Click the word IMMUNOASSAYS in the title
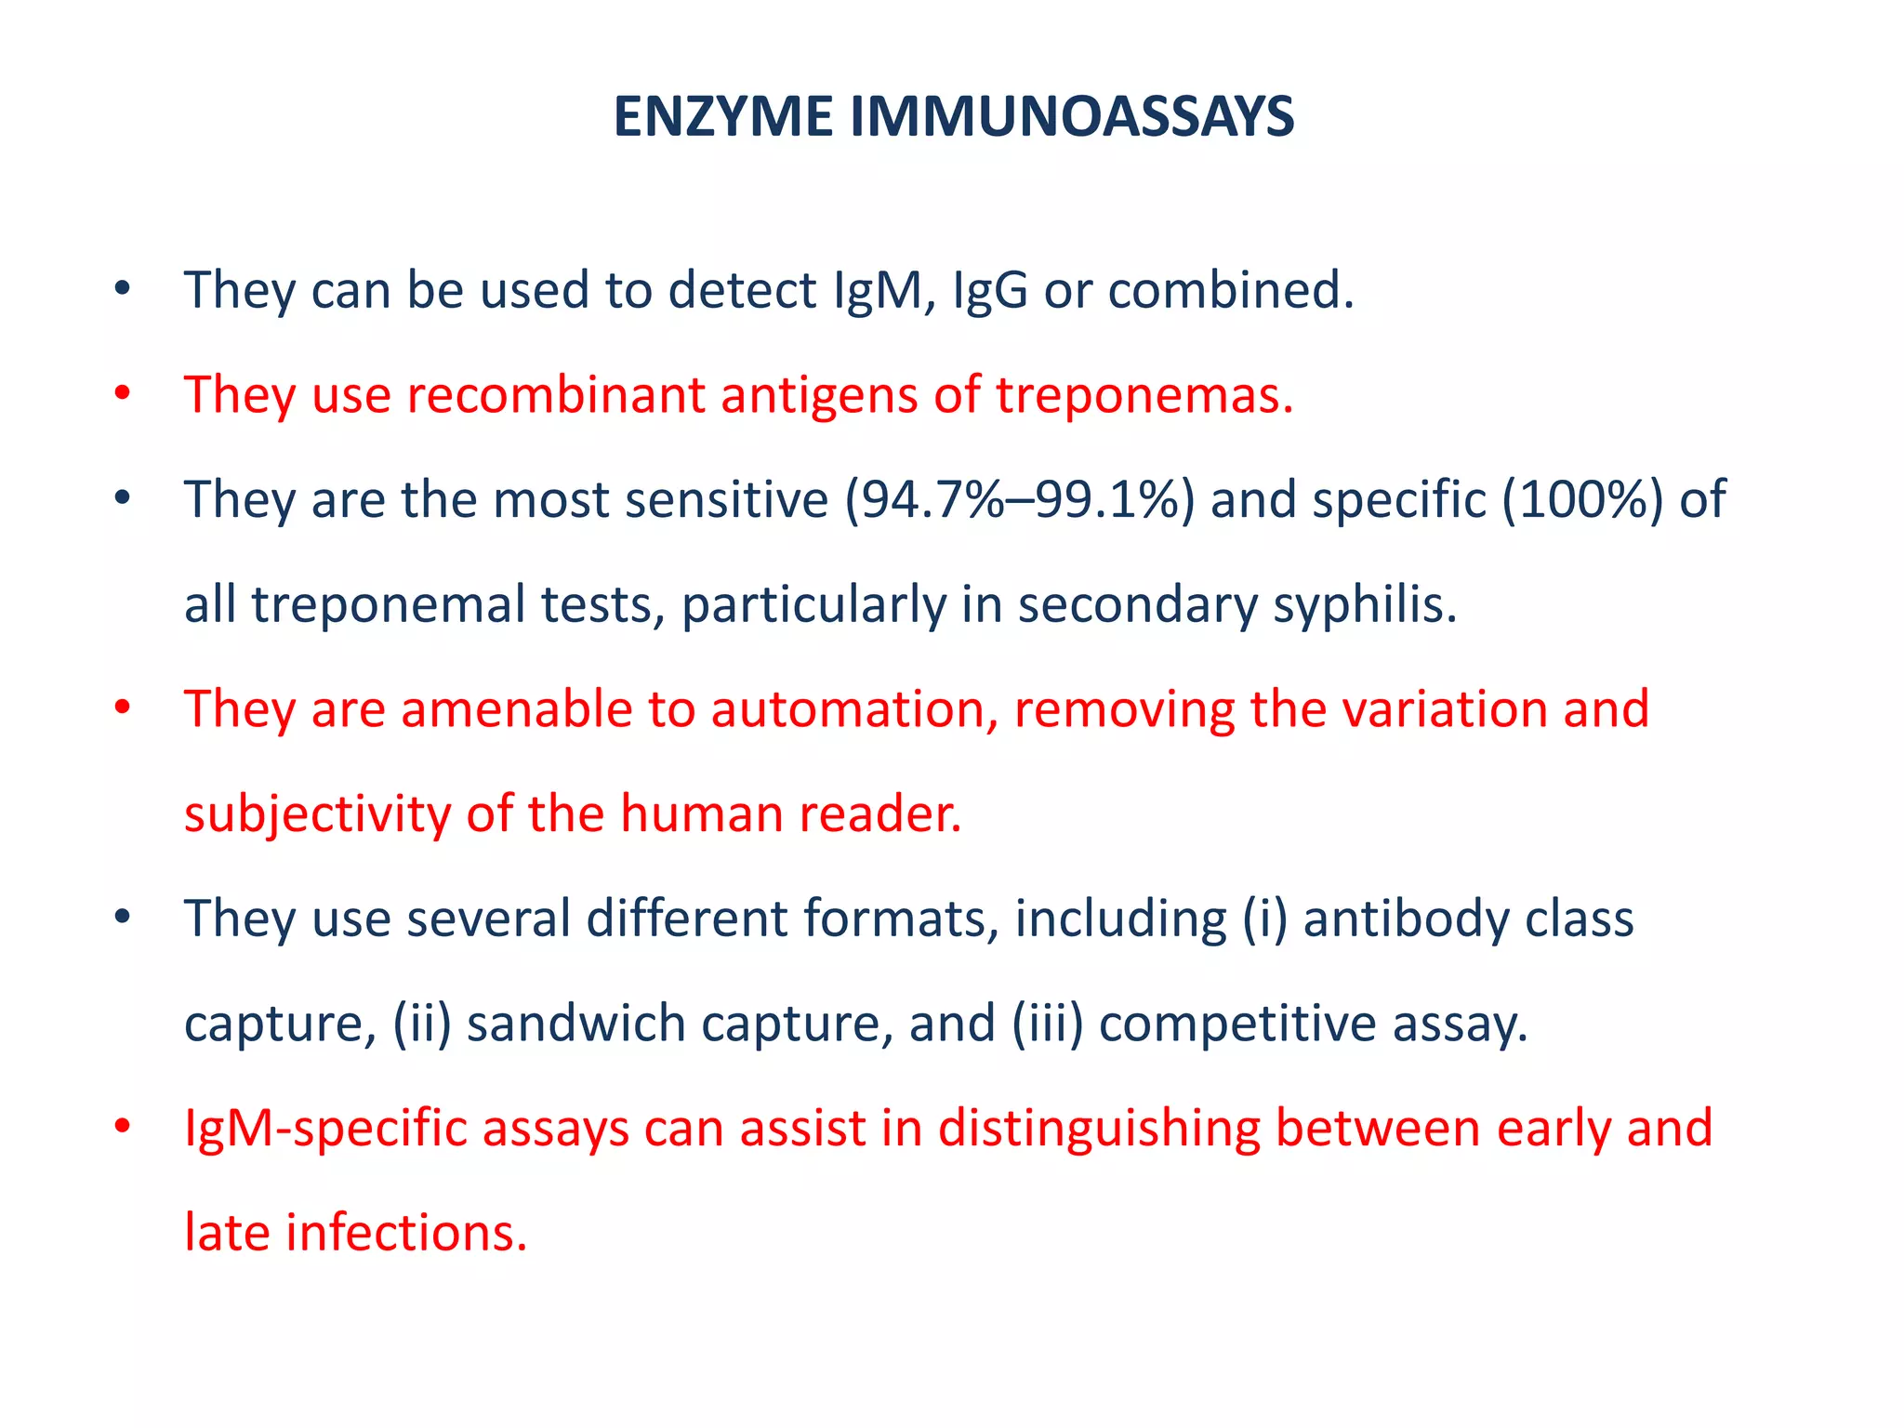1071,117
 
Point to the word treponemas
1144,395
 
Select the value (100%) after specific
1582,499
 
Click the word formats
900,919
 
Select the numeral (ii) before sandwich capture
421,1024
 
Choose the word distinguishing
1098,1129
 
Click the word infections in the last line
406,1234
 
